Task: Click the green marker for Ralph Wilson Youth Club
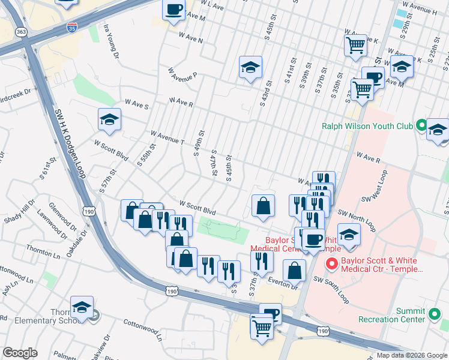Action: coord(421,126)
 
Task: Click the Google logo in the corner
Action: coord(20,353)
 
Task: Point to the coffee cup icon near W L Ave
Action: coord(174,10)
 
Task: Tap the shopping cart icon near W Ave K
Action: coord(355,44)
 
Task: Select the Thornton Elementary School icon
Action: coord(82,308)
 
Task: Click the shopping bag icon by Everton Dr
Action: coord(294,271)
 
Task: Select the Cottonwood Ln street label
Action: coord(143,329)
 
